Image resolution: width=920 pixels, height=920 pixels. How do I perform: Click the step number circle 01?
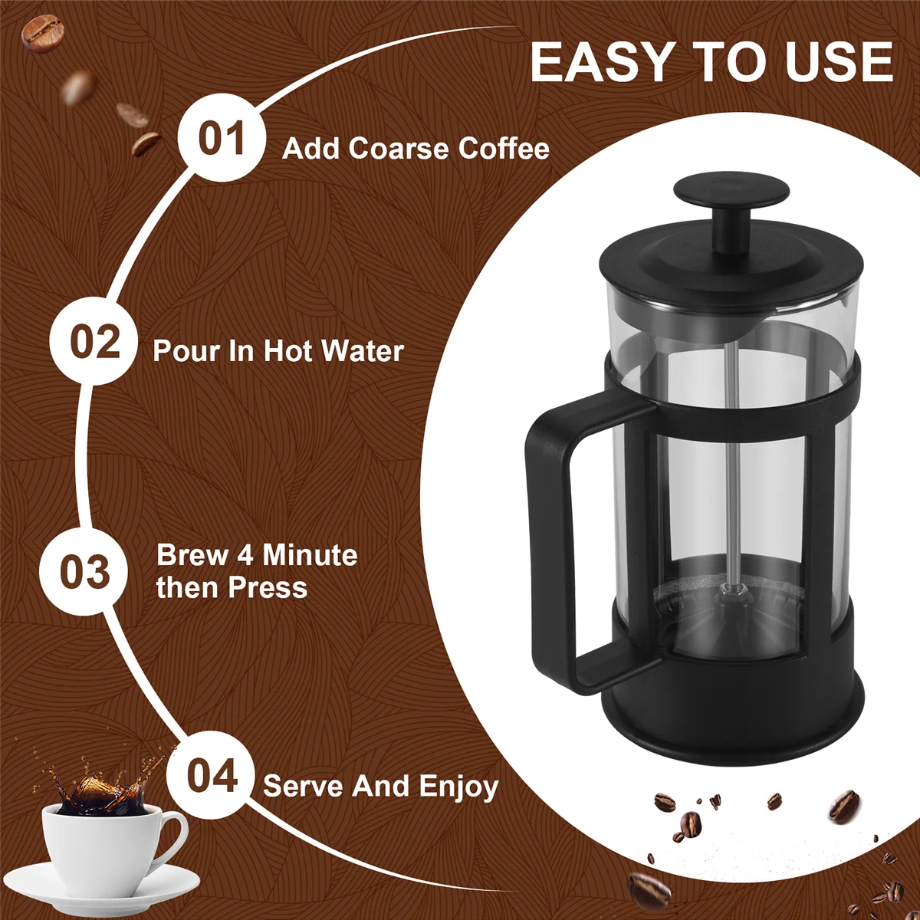tap(222, 139)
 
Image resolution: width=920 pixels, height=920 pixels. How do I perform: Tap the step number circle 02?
tap(95, 341)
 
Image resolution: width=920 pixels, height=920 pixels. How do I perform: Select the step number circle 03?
tap(84, 572)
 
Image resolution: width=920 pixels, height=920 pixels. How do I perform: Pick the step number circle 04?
tap(212, 776)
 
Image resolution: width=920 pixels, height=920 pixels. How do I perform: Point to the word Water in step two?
tap(362, 351)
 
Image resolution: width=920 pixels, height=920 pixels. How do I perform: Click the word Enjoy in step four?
tap(458, 787)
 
